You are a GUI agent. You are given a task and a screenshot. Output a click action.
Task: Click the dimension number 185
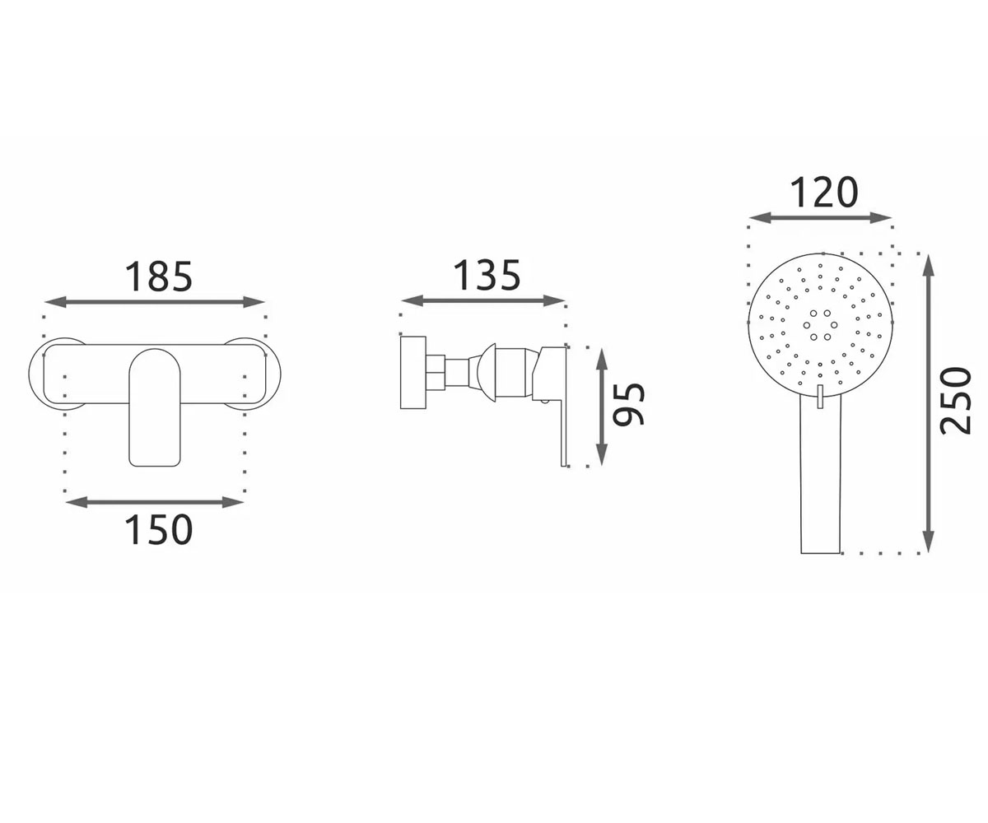click(159, 277)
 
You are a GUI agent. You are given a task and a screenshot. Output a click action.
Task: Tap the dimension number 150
click(159, 530)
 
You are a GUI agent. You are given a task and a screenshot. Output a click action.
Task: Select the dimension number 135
click(487, 275)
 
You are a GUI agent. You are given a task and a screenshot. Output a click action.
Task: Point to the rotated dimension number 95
click(628, 403)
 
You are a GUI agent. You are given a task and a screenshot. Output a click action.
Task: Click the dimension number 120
click(824, 192)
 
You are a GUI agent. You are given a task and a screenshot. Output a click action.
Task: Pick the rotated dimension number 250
click(956, 401)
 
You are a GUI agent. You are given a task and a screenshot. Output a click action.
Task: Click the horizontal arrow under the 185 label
click(155, 302)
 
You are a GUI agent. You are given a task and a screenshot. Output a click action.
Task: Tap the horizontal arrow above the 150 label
click(155, 502)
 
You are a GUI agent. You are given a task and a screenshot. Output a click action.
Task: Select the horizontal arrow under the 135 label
click(483, 300)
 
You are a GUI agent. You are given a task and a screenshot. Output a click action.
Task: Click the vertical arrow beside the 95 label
click(601, 407)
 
